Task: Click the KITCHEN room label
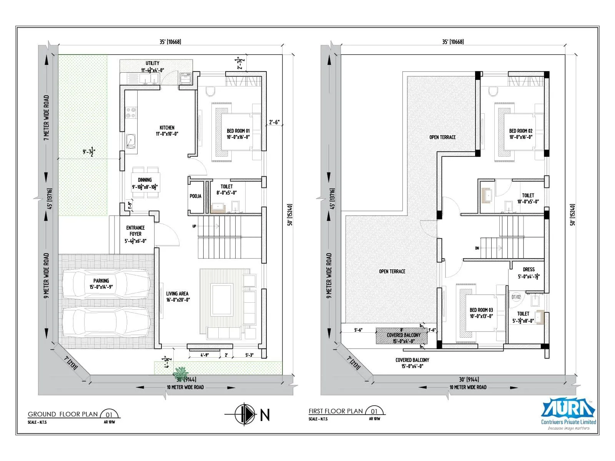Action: pyautogui.click(x=167, y=128)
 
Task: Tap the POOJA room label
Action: pyautogui.click(x=195, y=196)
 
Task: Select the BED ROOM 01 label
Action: pyautogui.click(x=238, y=131)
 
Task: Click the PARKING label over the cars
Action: pyautogui.click(x=101, y=281)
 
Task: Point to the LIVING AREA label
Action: pyautogui.click(x=177, y=294)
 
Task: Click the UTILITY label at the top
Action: pyautogui.click(x=152, y=63)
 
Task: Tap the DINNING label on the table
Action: pyautogui.click(x=145, y=180)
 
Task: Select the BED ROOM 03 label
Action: pyautogui.click(x=481, y=310)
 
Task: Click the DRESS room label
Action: pyautogui.click(x=529, y=270)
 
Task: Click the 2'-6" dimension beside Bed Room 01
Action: pyautogui.click(x=274, y=122)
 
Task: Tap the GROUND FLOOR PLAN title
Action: pyautogui.click(x=63, y=414)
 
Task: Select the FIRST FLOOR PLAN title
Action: pyautogui.click(x=336, y=411)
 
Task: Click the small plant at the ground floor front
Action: pyautogui.click(x=180, y=373)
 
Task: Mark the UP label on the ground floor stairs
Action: pyautogui.click(x=194, y=226)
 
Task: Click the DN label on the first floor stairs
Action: pyautogui.click(x=477, y=248)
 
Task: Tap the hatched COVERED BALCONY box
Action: pyautogui.click(x=403, y=336)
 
